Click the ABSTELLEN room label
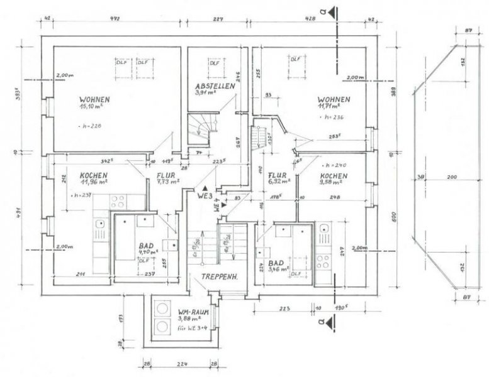pos(215,86)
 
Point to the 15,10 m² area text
pos(91,106)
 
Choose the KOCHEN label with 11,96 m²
pos(93,175)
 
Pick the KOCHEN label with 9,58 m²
pos(334,175)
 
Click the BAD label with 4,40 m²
pos(146,248)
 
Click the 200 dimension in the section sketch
pos(451,178)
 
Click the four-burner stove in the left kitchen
pos(118,202)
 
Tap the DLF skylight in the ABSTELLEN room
pos(215,63)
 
